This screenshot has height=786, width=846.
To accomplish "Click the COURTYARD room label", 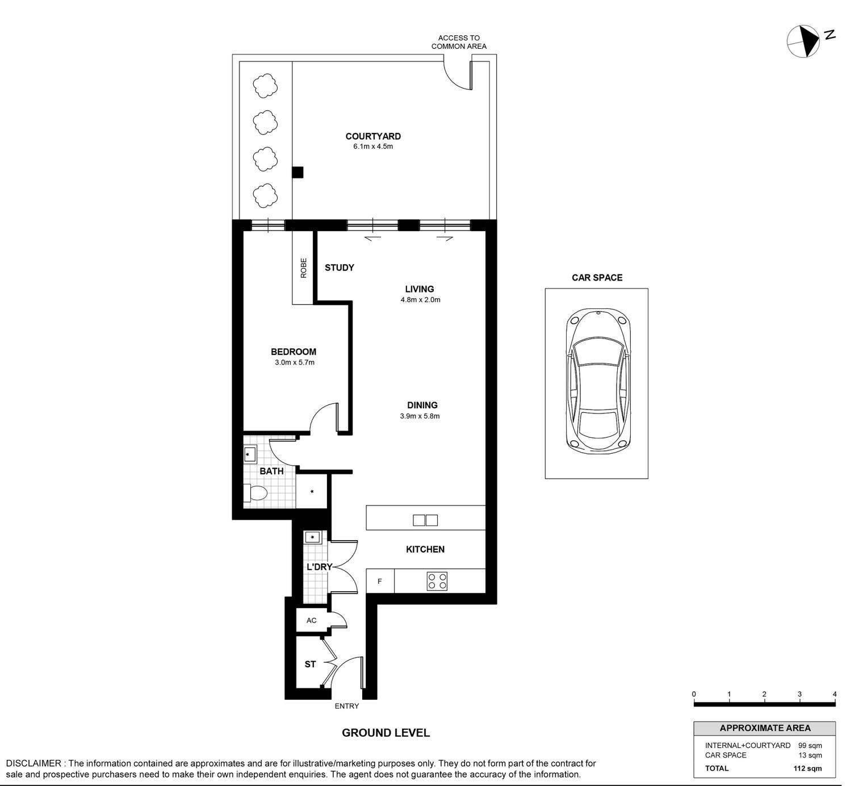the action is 372,136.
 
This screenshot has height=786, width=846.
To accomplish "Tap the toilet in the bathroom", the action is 256,493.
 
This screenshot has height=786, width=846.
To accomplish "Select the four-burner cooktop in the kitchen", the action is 437,581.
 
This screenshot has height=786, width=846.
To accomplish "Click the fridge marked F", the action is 380,581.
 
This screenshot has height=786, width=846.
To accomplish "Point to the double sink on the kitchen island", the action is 425,520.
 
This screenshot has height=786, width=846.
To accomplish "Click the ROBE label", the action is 303,268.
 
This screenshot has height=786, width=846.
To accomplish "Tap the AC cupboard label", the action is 311,620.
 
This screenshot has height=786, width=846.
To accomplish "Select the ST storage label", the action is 310,664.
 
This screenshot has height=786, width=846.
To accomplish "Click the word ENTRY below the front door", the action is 347,706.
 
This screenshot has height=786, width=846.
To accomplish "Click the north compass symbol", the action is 803,41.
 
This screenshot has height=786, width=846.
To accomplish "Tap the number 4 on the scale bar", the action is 835,695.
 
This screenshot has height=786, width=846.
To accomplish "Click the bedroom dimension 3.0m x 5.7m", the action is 294,363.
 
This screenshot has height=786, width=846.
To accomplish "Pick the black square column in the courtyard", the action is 298,172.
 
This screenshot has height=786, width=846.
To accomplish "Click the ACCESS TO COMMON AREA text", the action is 459,42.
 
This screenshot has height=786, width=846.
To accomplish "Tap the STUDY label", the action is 340,267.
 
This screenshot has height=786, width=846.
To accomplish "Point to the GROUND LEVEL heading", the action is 386,733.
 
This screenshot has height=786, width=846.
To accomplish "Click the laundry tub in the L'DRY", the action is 312,537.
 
